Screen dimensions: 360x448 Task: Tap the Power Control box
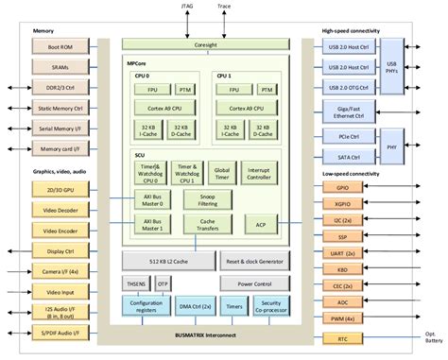click(x=257, y=283)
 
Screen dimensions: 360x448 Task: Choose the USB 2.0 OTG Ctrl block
click(x=351, y=86)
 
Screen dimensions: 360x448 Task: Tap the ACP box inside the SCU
click(x=260, y=224)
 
